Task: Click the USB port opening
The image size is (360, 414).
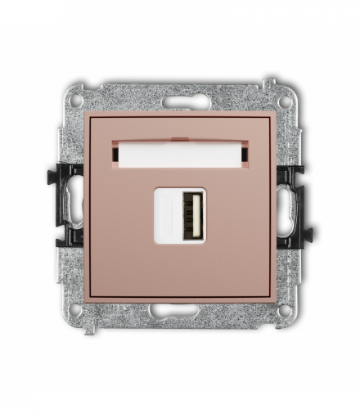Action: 191,215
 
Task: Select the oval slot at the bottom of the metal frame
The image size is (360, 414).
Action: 179,310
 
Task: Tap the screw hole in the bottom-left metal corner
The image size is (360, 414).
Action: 75,310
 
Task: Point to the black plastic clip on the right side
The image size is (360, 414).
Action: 293,205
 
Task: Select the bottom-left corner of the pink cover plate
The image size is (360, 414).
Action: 86,301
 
